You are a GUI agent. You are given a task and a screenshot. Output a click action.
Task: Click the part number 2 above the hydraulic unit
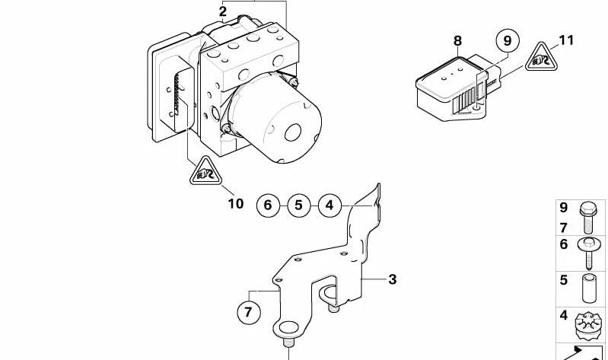pyautogui.click(x=222, y=11)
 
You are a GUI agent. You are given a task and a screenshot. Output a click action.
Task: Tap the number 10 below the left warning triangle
pyautogui.click(x=235, y=203)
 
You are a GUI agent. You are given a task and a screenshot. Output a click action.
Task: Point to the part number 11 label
pyautogui.click(x=566, y=40)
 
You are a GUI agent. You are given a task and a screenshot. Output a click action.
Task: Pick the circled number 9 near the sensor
pyautogui.click(x=506, y=40)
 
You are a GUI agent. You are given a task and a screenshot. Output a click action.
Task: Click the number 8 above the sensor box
pyautogui.click(x=457, y=41)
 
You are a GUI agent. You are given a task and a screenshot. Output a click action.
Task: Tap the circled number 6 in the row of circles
pyautogui.click(x=267, y=205)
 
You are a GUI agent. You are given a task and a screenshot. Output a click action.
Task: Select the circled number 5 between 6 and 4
pyautogui.click(x=298, y=205)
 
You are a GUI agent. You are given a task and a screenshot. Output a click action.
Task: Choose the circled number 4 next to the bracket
pyautogui.click(x=329, y=205)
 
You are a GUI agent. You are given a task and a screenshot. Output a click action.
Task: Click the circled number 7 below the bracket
pyautogui.click(x=248, y=312)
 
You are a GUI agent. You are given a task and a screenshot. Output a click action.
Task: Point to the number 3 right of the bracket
pyautogui.click(x=392, y=279)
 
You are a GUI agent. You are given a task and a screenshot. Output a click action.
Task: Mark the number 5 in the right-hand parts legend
pyautogui.click(x=564, y=280)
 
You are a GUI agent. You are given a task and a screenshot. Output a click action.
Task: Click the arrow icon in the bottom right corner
pyautogui.click(x=583, y=352)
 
